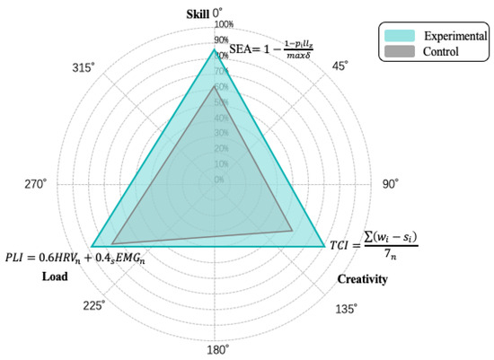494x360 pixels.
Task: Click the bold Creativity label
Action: tap(362, 280)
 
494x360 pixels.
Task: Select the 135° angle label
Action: tap(344, 309)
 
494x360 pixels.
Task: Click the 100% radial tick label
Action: tap(223, 24)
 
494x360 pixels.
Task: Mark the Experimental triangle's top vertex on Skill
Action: tap(215, 49)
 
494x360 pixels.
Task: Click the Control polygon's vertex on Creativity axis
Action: tap(293, 231)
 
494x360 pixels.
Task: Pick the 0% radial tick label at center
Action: tap(219, 180)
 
